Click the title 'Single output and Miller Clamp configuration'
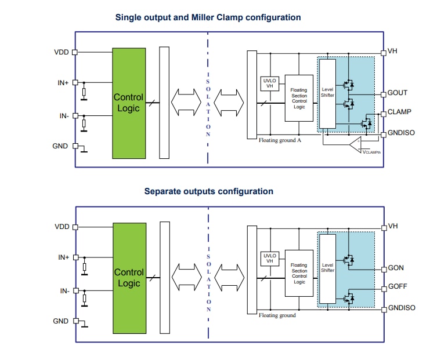(208, 17)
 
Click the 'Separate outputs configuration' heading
(208, 191)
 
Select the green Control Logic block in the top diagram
(129, 103)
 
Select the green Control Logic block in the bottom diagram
(129, 277)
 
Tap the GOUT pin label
(397, 93)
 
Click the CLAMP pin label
(399, 112)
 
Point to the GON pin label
(396, 268)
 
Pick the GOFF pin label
(397, 287)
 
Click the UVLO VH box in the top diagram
(269, 83)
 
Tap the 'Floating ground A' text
(279, 140)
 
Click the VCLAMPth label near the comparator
(371, 151)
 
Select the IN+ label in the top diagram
(63, 83)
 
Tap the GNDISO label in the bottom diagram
(402, 308)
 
